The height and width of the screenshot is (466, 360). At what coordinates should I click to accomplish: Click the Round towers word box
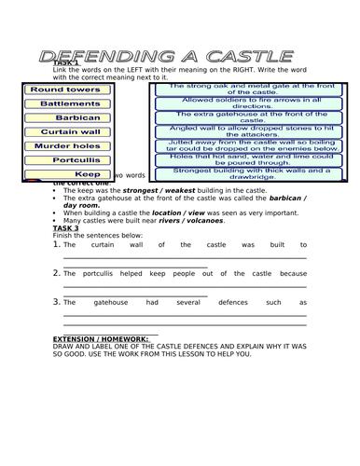(64, 90)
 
